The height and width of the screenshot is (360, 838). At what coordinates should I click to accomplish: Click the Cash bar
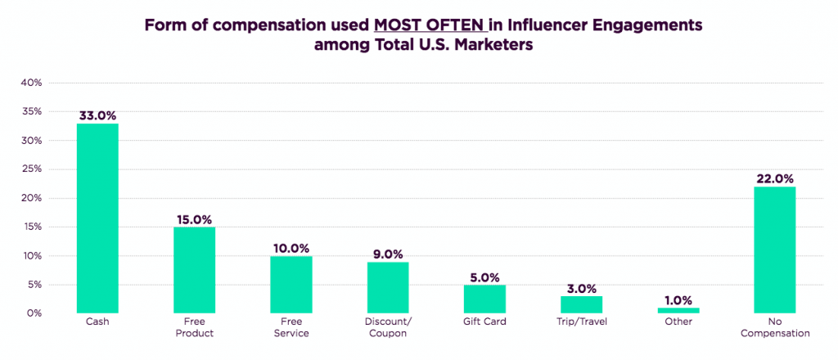click(97, 218)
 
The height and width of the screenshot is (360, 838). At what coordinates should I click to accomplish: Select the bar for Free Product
click(194, 270)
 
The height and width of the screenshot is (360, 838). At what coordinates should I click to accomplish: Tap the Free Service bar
click(291, 284)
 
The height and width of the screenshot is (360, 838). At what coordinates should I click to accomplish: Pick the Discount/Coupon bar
click(387, 287)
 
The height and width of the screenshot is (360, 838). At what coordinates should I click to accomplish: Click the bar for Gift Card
click(484, 299)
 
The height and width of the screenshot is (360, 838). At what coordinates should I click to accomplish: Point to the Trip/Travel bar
click(581, 304)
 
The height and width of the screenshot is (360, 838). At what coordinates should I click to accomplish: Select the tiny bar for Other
click(678, 310)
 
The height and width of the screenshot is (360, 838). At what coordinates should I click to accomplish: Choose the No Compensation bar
click(774, 250)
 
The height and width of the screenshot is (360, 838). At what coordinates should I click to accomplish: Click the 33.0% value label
click(97, 115)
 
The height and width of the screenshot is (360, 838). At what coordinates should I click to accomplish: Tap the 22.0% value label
click(774, 178)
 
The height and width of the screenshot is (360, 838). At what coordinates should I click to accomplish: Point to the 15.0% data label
click(194, 219)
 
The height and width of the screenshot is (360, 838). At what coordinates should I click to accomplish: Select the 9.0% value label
click(387, 254)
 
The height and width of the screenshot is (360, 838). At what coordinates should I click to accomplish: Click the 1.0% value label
click(678, 299)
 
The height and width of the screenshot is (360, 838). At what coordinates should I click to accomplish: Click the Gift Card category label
click(484, 322)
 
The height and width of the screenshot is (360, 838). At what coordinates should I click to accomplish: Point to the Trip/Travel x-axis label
click(581, 322)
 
